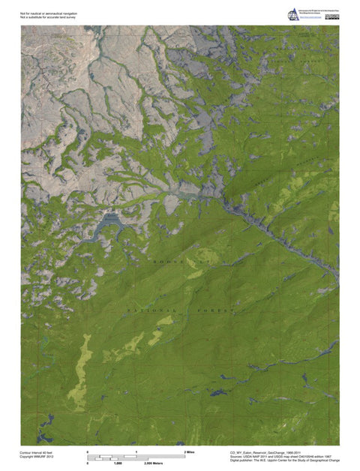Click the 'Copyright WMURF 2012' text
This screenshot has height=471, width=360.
click(37, 457)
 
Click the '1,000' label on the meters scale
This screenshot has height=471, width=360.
click(118, 465)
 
